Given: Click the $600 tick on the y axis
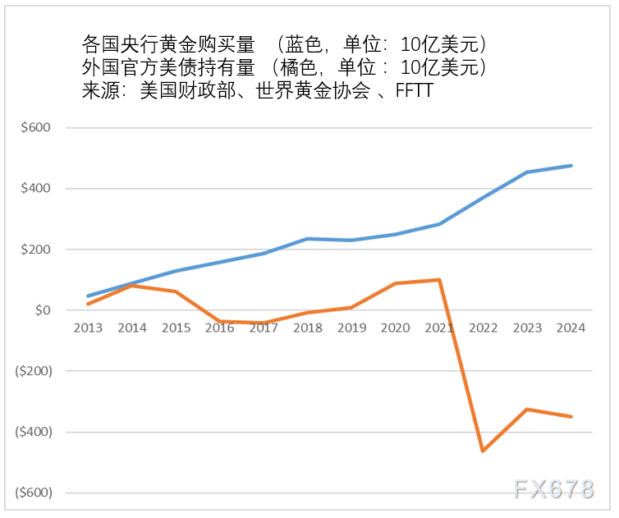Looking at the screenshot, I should [x=36, y=128].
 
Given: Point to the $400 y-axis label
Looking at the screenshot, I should [x=36, y=189].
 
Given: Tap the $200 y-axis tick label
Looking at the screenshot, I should [x=36, y=250].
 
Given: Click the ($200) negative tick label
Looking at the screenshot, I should [x=33, y=371].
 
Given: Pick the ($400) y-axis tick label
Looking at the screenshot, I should [x=33, y=432].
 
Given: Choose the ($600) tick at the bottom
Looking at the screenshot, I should [x=33, y=493].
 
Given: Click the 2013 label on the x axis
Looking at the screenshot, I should [x=88, y=328].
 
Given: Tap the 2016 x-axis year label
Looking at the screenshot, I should [x=220, y=328].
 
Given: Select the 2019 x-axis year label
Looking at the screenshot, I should [x=351, y=328].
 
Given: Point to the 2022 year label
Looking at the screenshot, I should [x=483, y=328].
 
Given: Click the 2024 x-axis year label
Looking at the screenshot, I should [x=571, y=328].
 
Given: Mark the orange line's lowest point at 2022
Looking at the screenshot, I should [x=483, y=451].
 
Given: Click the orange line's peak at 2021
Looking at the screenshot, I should [x=439, y=280].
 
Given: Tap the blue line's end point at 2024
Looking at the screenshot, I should [x=571, y=166].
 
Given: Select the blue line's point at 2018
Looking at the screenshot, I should [x=308, y=239].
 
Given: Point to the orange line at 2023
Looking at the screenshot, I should [x=527, y=409].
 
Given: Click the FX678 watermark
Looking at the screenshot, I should [x=553, y=489].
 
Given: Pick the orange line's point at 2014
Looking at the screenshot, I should [x=132, y=286].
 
